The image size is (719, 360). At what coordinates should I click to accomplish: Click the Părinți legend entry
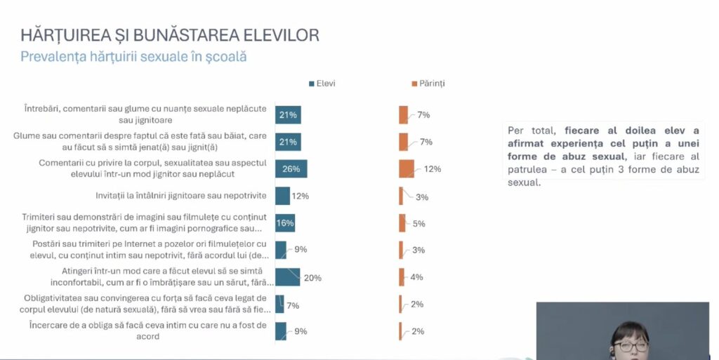[427, 84]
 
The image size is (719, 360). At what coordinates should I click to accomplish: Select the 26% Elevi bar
[291, 168]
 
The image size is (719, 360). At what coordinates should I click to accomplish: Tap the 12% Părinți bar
[407, 168]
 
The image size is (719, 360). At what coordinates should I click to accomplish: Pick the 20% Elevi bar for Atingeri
[287, 277]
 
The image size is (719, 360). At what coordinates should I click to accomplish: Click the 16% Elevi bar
[285, 223]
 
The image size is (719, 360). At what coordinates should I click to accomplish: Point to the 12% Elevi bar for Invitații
[282, 196]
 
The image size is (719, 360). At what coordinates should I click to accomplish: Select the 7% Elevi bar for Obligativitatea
[279, 304]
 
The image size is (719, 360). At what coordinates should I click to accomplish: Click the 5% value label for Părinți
[418, 223]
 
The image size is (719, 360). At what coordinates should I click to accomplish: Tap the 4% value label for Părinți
[416, 277]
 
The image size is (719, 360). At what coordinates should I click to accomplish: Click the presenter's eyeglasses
[631, 346]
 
